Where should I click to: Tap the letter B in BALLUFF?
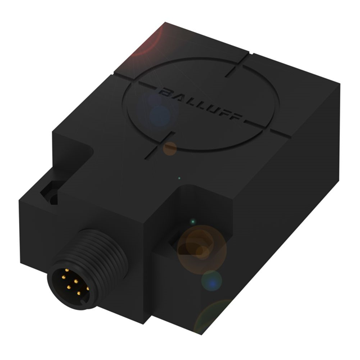click(165, 91)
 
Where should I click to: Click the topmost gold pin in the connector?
click(67, 271)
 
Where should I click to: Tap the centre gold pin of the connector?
click(75, 281)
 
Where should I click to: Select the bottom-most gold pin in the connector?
click(79, 292)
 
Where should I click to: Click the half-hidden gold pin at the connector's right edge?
click(88, 288)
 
